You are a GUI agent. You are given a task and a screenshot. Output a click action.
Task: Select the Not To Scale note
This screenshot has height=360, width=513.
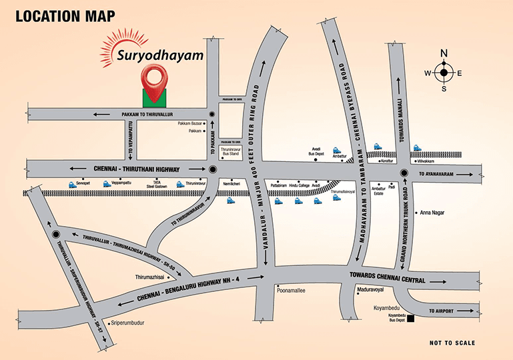[x=452, y=343]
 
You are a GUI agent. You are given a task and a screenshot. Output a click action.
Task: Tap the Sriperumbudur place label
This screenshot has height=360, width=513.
[x=137, y=322]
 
